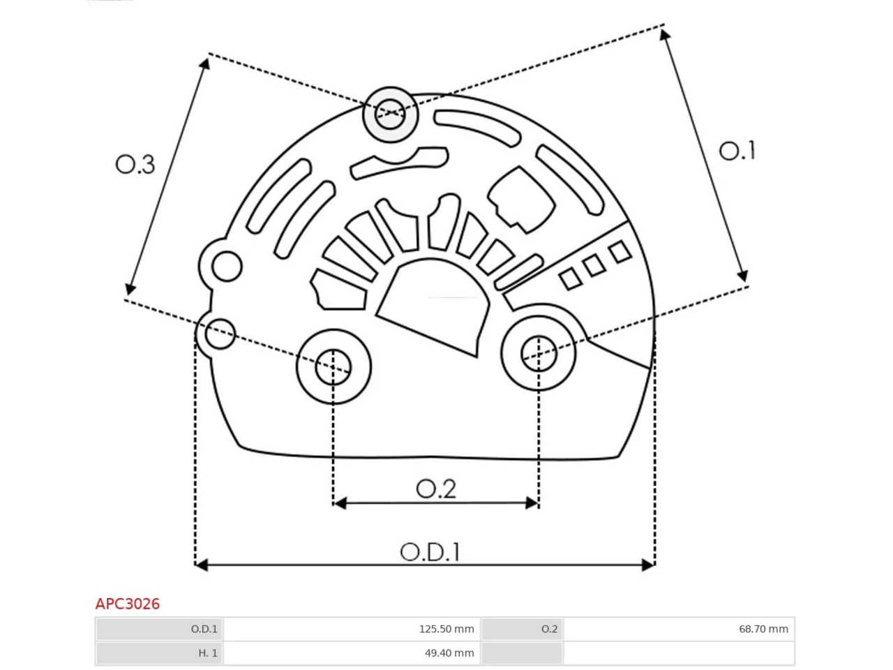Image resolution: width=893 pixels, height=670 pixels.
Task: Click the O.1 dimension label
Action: point(737,151)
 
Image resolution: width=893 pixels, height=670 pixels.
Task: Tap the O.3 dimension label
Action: point(135,165)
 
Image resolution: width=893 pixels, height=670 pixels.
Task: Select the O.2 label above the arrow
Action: point(436,489)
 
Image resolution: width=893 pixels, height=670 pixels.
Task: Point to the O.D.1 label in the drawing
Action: point(430,553)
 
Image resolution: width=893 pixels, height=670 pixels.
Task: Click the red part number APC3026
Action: point(128,604)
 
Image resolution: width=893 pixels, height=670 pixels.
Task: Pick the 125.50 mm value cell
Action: point(352,629)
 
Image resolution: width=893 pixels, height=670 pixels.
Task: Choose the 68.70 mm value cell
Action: point(679,629)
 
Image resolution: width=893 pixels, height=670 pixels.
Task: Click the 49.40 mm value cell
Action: point(352,653)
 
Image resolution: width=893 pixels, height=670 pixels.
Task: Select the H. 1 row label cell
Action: point(159,653)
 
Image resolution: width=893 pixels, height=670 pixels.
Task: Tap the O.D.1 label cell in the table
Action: point(159,629)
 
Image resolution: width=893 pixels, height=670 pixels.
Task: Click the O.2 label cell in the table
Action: point(522,629)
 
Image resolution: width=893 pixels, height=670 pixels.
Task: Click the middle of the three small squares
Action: point(594,265)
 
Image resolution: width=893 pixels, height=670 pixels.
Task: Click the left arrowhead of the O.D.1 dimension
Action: point(202,565)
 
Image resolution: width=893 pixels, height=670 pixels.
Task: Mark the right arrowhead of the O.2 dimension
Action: point(532,503)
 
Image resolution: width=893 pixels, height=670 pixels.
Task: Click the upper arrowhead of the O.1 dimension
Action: point(665,35)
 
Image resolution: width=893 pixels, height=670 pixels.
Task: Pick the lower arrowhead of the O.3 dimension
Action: point(130,288)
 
